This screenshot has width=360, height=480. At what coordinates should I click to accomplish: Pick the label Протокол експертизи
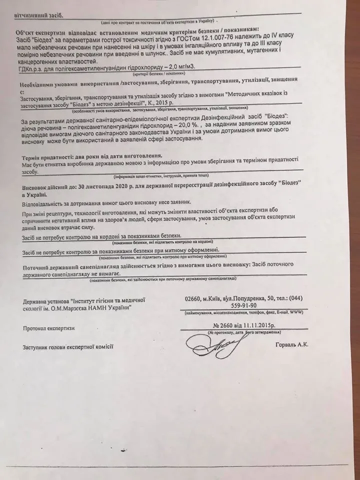[48, 328]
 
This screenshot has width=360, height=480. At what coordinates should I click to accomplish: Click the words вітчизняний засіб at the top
[38, 15]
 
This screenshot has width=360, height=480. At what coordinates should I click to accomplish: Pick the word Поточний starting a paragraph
[36, 263]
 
